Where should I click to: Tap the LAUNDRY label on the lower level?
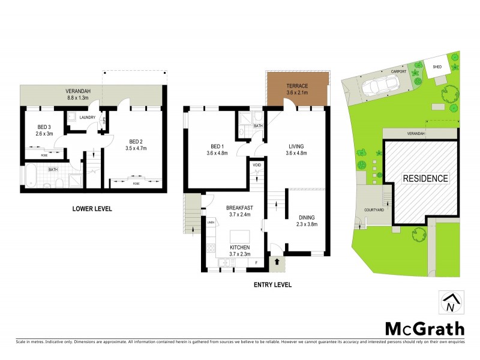point(88,118)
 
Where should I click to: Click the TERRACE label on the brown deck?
point(298,86)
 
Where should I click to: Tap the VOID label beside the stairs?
point(256,164)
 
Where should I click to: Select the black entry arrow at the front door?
point(277,261)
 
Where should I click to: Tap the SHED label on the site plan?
point(437,67)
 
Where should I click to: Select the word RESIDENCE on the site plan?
point(424,178)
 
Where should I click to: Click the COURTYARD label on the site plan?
point(373,210)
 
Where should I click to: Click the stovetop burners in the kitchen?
point(211,247)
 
